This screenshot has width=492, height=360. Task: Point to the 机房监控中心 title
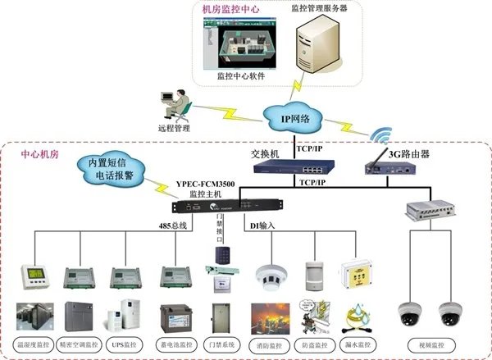231,9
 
